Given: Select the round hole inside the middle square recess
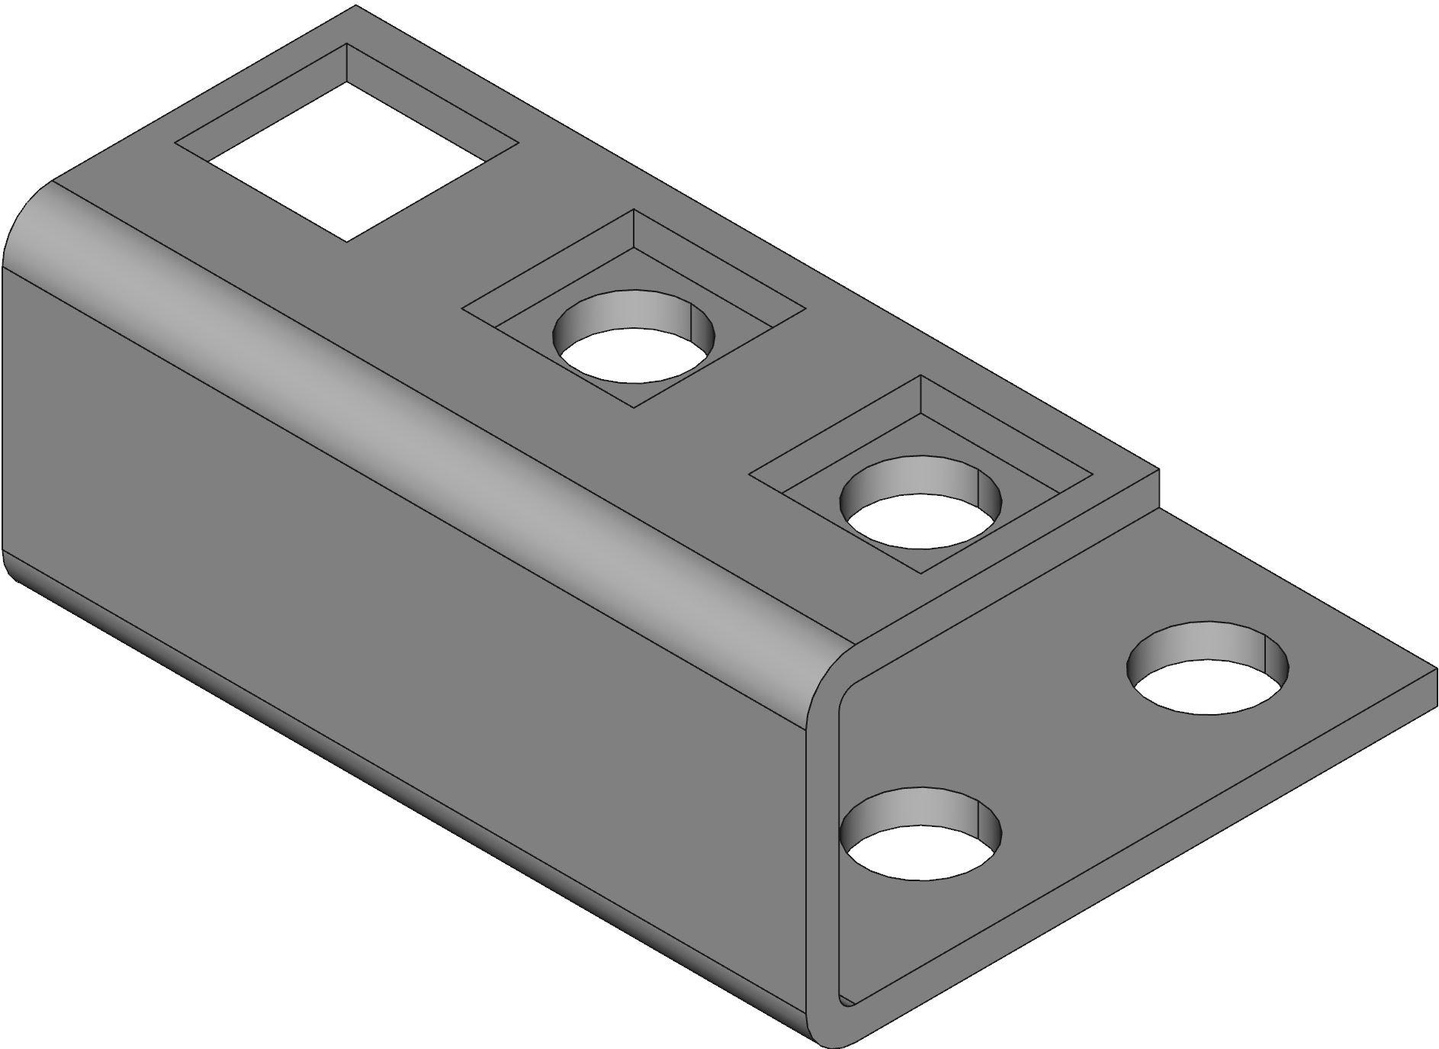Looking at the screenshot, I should pyautogui.click(x=635, y=355).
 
